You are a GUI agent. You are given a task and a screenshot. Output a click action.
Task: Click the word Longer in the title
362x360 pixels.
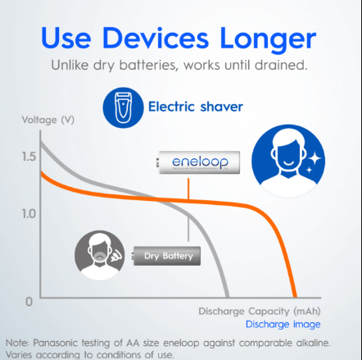click(268, 39)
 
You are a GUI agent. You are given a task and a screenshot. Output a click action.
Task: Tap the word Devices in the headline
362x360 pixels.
click(156, 38)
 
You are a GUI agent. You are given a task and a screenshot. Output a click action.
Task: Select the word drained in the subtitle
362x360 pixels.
click(281, 65)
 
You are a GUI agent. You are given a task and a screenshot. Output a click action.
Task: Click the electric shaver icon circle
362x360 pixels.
click(123, 107)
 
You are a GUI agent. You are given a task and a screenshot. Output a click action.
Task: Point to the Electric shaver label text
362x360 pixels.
click(196, 107)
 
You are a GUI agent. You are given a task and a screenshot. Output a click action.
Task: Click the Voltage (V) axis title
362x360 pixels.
click(48, 120)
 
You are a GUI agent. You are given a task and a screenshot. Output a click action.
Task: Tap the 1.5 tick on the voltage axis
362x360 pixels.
click(29, 157)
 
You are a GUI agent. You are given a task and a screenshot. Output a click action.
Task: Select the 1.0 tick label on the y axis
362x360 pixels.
click(29, 214)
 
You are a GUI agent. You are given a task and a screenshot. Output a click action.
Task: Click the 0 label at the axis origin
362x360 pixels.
click(29, 302)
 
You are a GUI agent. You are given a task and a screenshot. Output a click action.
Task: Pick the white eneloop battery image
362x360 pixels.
click(198, 162)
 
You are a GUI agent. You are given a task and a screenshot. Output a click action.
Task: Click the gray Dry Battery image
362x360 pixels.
click(166, 256)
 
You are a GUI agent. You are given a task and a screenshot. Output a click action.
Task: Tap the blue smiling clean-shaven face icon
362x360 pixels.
click(288, 161)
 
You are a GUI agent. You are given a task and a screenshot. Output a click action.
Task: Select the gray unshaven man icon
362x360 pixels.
click(100, 255)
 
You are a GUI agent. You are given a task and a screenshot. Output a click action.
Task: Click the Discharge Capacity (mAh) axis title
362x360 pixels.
click(260, 312)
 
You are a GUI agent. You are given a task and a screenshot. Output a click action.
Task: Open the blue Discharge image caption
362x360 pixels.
click(283, 324)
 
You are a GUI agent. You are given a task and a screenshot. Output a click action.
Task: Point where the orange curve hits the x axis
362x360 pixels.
click(295, 297)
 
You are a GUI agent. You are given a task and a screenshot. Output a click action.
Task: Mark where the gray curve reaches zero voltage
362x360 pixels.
click(228, 297)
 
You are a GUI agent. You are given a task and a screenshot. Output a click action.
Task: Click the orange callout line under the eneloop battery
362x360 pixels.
click(188, 189)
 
